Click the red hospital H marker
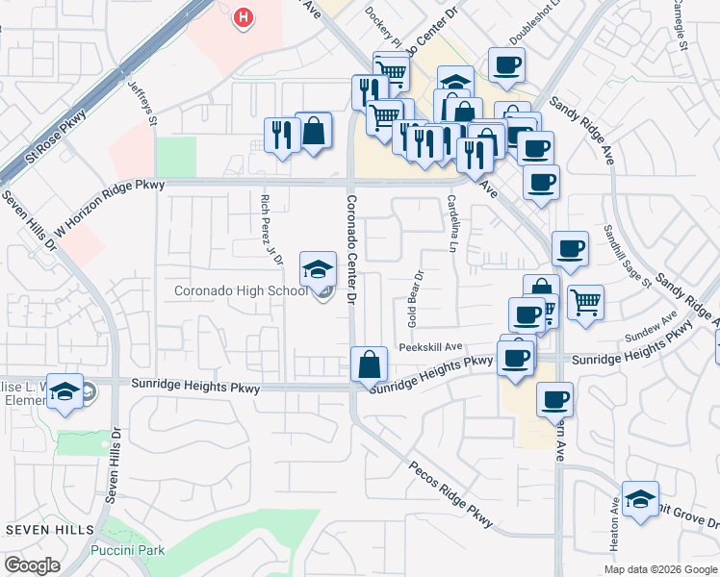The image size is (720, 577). (x=244, y=17)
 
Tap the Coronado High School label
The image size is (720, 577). (x=242, y=290)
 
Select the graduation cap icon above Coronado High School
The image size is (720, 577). (x=318, y=270)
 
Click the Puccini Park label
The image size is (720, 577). (x=127, y=550)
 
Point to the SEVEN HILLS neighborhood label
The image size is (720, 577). (x=50, y=530)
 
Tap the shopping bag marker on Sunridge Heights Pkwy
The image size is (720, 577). (x=369, y=365)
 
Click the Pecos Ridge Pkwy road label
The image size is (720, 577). (x=450, y=495)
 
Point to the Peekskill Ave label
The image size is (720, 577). (x=431, y=347)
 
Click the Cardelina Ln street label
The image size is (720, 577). (x=451, y=223)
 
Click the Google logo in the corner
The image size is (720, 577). (x=32, y=565)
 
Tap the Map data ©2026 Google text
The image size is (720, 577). (x=659, y=569)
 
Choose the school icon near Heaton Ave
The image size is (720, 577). (x=640, y=499)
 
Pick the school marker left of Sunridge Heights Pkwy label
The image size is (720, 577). (x=65, y=391)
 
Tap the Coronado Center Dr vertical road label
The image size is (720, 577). (x=350, y=250)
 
